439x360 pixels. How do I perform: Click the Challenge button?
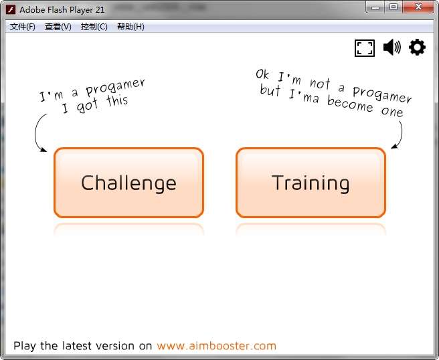[x=128, y=183]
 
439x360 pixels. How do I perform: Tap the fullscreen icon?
[x=365, y=48]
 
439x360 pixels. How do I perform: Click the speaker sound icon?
[x=391, y=47]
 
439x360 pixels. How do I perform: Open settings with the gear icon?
[x=417, y=47]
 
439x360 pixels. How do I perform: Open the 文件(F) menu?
[x=22, y=27]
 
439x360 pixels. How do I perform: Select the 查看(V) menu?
[x=58, y=27]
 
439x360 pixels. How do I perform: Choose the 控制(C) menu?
[x=94, y=27]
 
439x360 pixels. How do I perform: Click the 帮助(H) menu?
[x=130, y=27]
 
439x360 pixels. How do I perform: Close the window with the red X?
[x=418, y=7]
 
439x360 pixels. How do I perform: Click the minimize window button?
[x=375, y=7]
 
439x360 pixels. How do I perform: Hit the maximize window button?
[x=393, y=7]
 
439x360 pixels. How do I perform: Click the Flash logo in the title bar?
[x=11, y=10]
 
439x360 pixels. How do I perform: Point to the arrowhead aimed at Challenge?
[x=43, y=150]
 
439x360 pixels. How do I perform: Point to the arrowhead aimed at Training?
[x=394, y=146]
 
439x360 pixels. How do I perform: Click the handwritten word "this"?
[x=117, y=100]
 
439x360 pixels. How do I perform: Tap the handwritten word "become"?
[x=350, y=104]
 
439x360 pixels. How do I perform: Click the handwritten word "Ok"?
[x=262, y=74]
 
